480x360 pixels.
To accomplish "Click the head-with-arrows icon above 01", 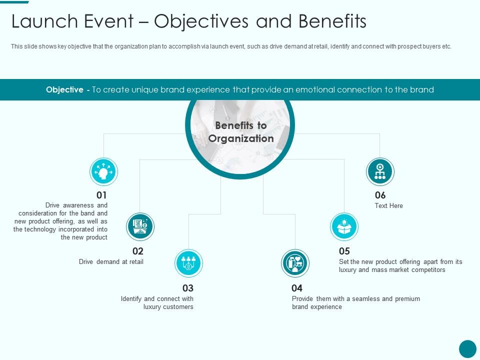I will tap(103, 172).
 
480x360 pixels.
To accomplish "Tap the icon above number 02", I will tap(140, 227).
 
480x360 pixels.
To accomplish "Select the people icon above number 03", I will tap(188, 263).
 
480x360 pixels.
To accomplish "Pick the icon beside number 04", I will tap(295, 263).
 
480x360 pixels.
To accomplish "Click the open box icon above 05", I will tap(344, 227).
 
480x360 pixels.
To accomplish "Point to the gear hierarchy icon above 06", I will tap(380, 172).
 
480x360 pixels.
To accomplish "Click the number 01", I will tap(101, 195).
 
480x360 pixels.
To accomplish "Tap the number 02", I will tap(137, 251).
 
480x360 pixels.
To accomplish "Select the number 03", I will tap(187, 288).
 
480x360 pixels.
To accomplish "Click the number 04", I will tap(297, 288).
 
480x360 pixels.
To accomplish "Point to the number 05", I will tap(344, 251).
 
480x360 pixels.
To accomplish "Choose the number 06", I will tap(380, 195).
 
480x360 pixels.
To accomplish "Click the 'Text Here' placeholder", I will tap(388, 206).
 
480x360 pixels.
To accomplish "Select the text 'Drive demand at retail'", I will tap(111, 262).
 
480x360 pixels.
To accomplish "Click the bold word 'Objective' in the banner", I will tap(64, 90).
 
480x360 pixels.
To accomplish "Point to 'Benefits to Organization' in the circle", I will tap(240, 132).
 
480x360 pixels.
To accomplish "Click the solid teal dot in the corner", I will tap(467, 348).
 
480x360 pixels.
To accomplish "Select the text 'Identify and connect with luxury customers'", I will tap(157, 303).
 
